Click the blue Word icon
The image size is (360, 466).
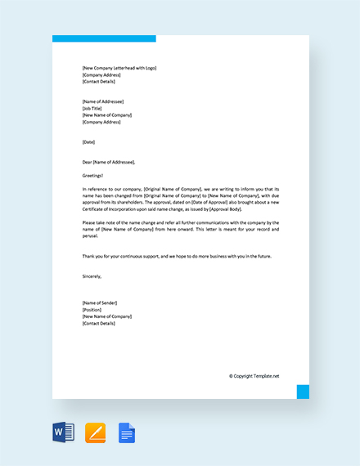(64, 432)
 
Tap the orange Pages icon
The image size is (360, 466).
(96, 432)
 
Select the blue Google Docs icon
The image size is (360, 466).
(126, 432)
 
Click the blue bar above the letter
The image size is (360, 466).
(104, 38)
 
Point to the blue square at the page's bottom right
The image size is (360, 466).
(303, 392)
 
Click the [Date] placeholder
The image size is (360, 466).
(89, 141)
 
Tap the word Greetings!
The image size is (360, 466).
(94, 175)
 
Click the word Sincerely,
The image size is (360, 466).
(92, 276)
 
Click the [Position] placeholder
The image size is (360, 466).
(92, 310)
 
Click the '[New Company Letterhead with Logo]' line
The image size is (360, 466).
(119, 68)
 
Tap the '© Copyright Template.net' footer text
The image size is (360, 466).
(254, 376)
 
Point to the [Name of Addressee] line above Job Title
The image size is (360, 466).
(103, 101)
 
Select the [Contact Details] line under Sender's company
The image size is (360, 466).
(99, 324)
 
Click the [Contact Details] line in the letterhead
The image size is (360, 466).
(99, 82)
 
